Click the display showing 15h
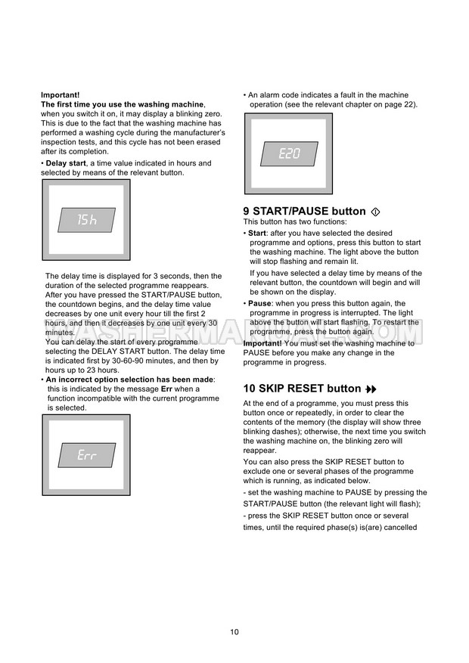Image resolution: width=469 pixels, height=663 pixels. [x=87, y=219]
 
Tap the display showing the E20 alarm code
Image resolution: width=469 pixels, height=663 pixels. [x=289, y=153]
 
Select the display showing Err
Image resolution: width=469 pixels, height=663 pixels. [x=87, y=455]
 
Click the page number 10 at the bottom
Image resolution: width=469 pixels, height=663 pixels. [x=234, y=632]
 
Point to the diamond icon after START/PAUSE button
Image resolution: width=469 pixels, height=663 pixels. [x=377, y=212]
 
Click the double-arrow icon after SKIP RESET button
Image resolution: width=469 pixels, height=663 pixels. [x=371, y=389]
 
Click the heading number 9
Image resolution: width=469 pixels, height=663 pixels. [x=247, y=212]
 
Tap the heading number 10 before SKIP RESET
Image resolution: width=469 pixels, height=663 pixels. [x=250, y=389]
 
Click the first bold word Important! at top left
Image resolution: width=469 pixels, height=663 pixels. [x=60, y=94]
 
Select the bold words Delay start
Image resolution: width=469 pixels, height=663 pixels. [x=66, y=163]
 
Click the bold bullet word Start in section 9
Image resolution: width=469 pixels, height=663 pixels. [x=257, y=233]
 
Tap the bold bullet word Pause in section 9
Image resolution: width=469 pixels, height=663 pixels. [x=260, y=303]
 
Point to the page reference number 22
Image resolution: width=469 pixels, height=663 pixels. [x=408, y=104]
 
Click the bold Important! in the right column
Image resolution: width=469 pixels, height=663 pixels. [x=262, y=343]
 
